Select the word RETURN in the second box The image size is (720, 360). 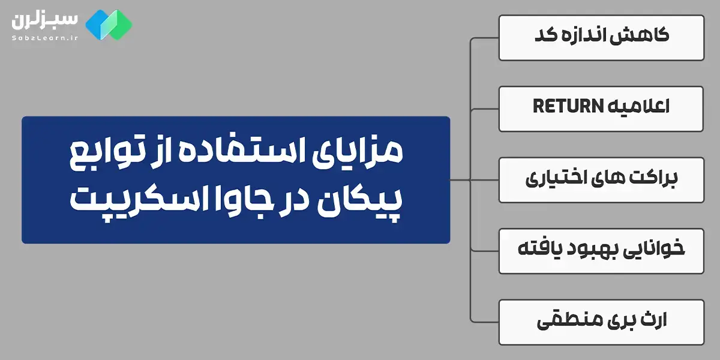pos(568,107)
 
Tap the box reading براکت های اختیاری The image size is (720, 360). pos(601,179)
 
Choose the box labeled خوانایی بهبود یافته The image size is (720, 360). pos(601,250)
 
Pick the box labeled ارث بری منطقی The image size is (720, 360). pos(601,321)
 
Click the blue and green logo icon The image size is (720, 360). pos(109,23)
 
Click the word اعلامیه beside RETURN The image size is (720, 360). pos(638,107)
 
